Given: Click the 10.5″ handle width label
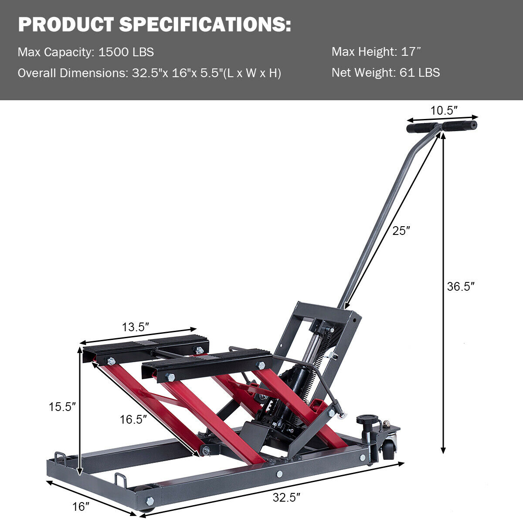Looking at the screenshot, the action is [x=444, y=111].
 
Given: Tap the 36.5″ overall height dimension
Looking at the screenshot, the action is [x=461, y=287].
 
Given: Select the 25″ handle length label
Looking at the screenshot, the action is [x=401, y=231].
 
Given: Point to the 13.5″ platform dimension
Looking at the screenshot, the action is [x=136, y=327].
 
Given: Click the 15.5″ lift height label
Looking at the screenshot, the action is [x=62, y=407].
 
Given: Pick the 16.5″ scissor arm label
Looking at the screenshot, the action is [x=133, y=420].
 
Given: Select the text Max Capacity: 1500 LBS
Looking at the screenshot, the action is [x=86, y=52].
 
